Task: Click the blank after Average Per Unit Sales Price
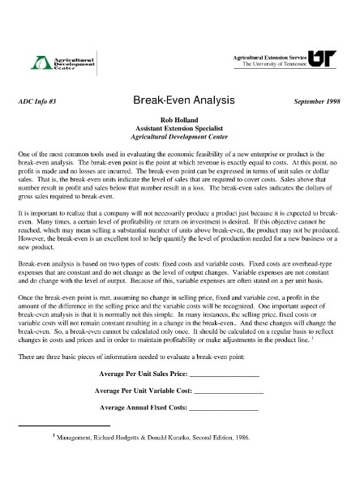pyautogui.click(x=224, y=375)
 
